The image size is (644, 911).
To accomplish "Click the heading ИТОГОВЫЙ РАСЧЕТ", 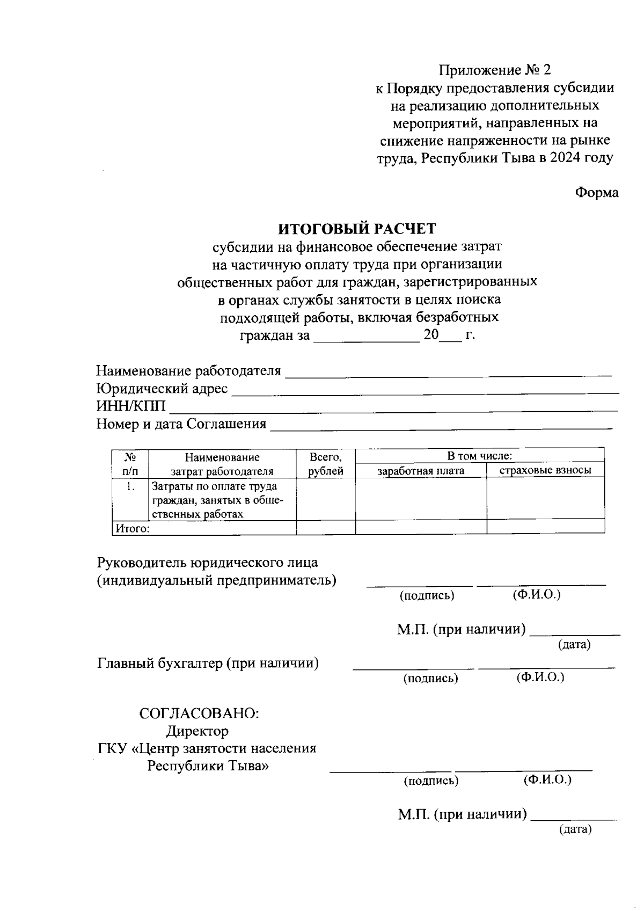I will tap(357, 229).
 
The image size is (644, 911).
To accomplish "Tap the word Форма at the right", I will tap(597, 192).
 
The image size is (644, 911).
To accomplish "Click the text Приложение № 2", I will tap(495, 70).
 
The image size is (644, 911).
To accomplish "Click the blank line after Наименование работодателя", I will tap(449, 373).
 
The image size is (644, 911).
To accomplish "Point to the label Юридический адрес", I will tap(162, 388).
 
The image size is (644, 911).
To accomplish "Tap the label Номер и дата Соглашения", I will tap(181, 424).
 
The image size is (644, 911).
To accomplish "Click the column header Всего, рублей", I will tap(326, 464).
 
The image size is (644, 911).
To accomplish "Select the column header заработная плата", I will tap(421, 471).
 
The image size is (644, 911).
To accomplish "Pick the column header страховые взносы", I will tap(545, 470).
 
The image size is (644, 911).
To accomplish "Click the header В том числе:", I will tap(480, 456).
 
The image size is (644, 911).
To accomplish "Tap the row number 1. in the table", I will tap(129, 487).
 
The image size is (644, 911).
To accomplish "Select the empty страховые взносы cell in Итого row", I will tap(545, 528).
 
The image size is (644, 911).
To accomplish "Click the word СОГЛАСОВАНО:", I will tap(199, 713).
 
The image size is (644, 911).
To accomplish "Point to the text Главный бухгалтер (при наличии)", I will tap(208, 664).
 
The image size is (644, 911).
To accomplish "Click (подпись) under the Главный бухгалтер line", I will tap(430, 678).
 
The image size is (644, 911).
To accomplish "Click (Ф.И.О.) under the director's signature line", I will tap(547, 779).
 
